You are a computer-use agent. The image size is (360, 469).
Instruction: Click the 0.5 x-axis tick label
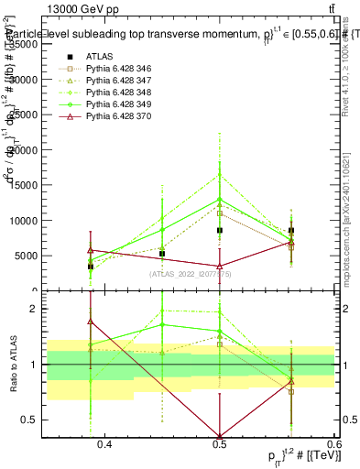pos(220,444)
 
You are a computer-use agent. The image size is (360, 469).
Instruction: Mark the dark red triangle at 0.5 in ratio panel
pos(220,435)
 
